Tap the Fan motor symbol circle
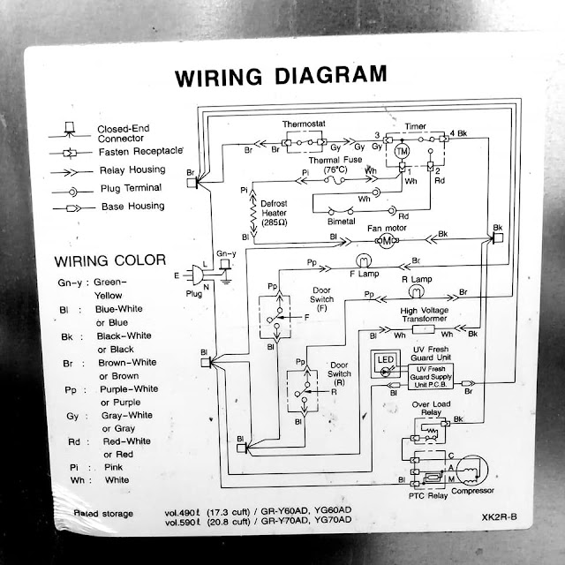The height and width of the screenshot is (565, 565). [385, 240]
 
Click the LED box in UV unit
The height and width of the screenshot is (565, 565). [386, 362]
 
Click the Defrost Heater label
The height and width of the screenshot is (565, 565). [273, 213]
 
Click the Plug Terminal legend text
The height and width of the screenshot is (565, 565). [130, 188]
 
